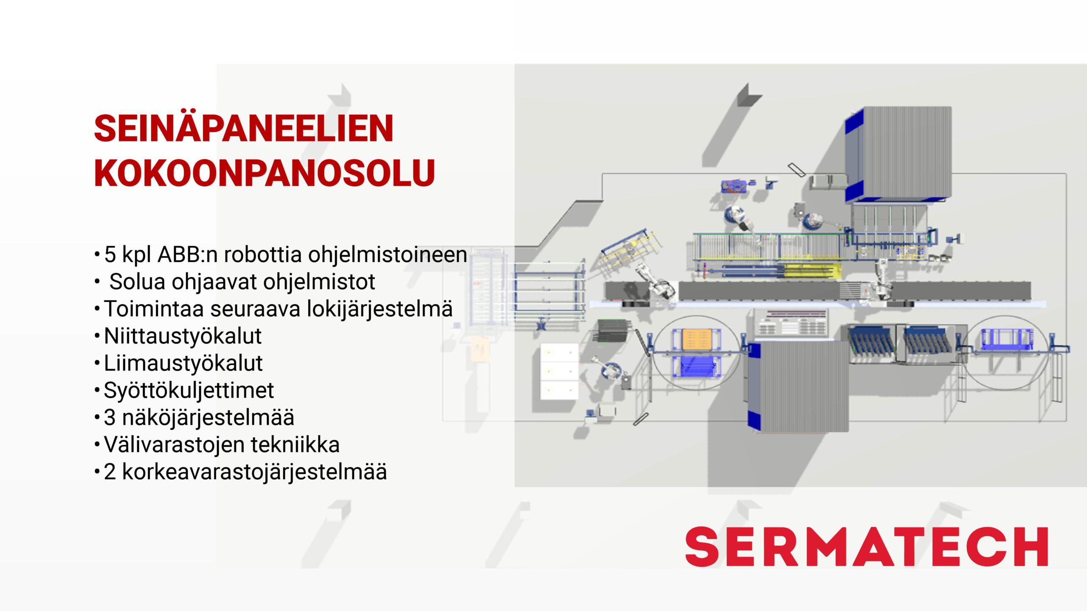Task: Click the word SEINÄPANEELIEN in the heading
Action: point(244,129)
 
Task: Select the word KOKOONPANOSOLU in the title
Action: point(265,173)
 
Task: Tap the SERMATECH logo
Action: point(867,547)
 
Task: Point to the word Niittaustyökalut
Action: point(183,336)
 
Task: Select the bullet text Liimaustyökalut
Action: point(183,363)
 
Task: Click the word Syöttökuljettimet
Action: point(189,390)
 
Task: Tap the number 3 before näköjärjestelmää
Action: point(110,418)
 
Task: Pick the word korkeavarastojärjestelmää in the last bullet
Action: point(255,472)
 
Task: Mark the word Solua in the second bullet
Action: point(137,282)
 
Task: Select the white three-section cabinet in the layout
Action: point(559,371)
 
